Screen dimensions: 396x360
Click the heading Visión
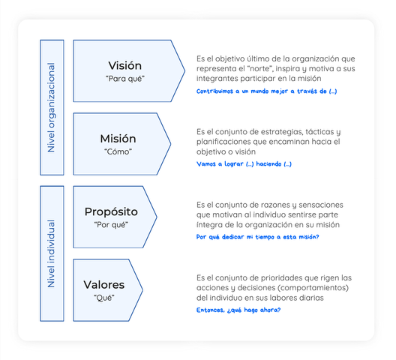coord(125,66)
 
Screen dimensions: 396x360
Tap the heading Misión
coord(118,139)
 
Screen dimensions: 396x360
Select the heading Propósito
coord(111,212)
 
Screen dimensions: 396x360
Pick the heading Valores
coord(104,285)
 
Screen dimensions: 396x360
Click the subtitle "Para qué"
coord(125,79)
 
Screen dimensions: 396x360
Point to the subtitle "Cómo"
coord(118,151)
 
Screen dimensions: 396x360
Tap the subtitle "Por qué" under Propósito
coord(111,224)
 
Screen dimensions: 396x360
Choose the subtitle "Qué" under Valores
coord(104,298)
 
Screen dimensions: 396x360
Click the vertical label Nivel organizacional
coord(52,107)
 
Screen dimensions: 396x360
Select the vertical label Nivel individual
coord(52,253)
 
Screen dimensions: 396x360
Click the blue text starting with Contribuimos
coord(267,91)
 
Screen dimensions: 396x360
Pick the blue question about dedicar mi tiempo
coord(257,237)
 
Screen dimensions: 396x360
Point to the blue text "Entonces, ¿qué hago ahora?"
coord(238,310)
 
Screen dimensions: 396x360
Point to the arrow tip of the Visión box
coord(184,71)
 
